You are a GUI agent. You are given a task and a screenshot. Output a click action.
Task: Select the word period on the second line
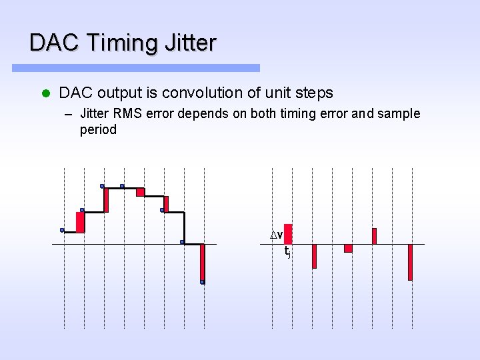point(98,130)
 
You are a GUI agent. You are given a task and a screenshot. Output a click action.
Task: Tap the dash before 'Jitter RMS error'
point(67,114)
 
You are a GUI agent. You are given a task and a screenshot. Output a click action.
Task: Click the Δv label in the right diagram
point(276,235)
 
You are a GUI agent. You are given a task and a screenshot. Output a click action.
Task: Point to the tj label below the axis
point(287,252)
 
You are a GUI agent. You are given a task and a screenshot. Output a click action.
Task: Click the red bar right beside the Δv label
point(288,234)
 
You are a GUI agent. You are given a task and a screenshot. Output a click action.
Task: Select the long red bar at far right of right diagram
point(410,262)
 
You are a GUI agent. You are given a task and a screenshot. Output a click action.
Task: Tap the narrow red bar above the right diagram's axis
point(374,236)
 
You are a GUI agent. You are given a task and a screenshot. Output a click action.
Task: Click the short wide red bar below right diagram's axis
point(348,249)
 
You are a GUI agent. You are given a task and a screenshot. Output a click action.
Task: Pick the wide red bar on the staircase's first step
point(81,222)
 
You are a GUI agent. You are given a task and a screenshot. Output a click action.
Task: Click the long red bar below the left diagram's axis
point(203,263)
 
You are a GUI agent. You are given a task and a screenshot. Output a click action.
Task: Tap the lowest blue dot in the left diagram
point(203,282)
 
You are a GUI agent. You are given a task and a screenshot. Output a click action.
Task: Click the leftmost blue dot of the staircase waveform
point(62,230)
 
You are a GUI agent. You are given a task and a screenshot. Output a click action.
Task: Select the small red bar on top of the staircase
point(140,192)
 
